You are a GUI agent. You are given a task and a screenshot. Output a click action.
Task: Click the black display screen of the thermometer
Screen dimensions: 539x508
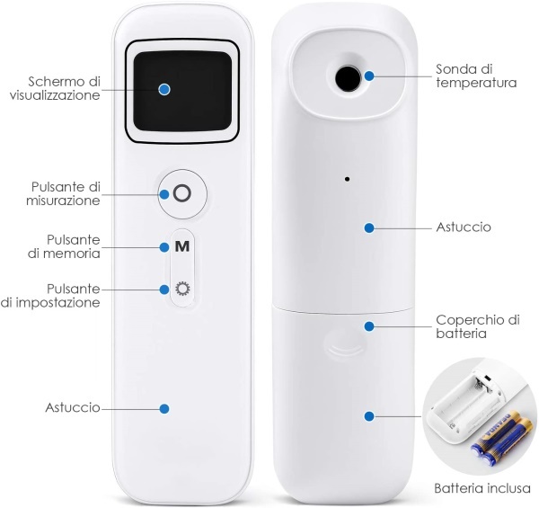182,91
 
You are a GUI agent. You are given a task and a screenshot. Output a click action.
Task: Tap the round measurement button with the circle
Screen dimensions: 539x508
182,193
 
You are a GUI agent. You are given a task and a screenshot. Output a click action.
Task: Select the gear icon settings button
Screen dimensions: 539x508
182,289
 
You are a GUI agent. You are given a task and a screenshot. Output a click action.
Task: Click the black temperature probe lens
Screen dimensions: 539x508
348,77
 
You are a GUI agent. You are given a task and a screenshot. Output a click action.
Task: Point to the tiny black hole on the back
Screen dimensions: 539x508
347,179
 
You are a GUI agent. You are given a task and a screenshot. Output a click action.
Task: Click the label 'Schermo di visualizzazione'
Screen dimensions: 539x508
55,88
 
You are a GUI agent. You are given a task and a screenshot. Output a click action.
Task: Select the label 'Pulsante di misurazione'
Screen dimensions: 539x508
63,193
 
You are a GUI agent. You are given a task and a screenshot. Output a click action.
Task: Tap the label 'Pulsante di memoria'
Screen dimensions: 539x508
65,246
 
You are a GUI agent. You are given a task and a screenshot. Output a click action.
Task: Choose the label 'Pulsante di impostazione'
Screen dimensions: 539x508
50,296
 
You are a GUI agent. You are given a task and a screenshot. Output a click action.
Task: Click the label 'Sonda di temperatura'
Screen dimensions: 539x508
476,76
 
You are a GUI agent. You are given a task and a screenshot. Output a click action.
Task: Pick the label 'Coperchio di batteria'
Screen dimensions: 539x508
478,326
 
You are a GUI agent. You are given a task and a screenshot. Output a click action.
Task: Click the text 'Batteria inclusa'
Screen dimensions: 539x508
482,488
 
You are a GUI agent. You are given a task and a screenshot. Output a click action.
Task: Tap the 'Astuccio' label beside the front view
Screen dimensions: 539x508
73,407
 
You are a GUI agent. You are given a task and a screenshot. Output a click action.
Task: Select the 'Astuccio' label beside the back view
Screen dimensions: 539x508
464,227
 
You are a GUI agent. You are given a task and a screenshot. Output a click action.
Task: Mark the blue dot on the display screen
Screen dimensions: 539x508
164,89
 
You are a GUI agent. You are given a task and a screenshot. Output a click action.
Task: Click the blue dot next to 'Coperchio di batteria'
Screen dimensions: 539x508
369,326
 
